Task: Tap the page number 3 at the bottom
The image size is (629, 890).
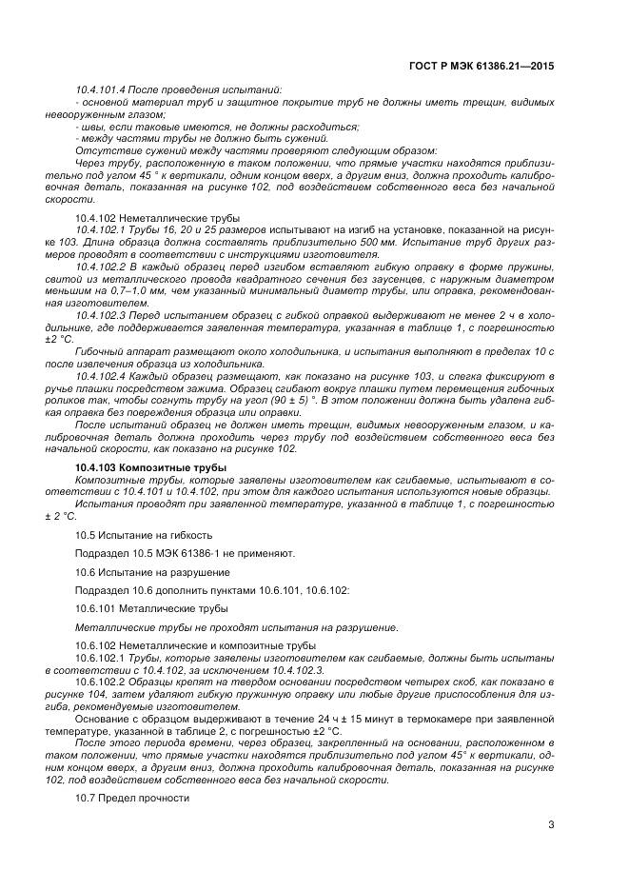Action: (551, 824)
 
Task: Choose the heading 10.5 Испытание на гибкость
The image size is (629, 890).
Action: (138, 534)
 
